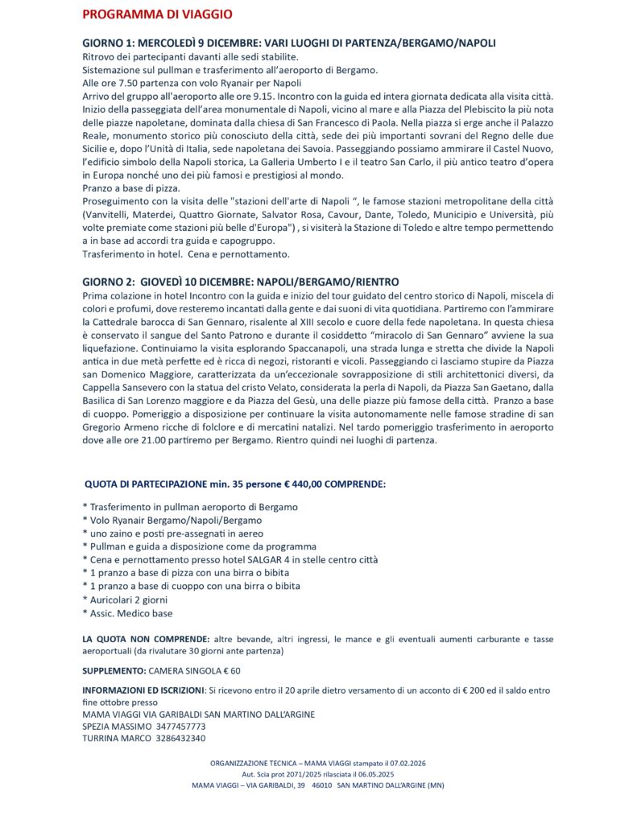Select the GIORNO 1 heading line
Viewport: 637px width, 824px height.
pos(289,42)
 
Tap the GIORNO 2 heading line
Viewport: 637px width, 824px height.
pos(241,282)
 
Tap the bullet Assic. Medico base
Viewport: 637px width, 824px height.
pos(130,613)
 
